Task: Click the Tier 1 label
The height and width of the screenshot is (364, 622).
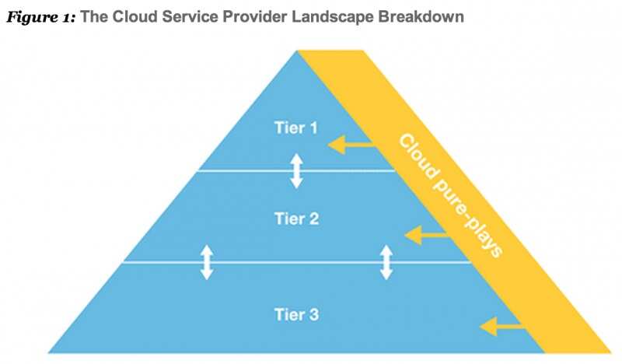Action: pos(295,127)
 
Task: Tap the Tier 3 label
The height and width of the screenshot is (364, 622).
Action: pos(295,315)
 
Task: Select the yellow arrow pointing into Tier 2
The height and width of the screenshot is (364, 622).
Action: pos(426,233)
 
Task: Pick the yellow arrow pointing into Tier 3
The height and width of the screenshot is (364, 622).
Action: pos(501,327)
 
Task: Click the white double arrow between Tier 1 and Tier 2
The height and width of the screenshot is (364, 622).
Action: pos(296,170)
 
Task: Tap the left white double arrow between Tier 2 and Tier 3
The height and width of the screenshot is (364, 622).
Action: pos(207,262)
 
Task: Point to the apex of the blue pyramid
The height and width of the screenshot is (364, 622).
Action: pos(297,51)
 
